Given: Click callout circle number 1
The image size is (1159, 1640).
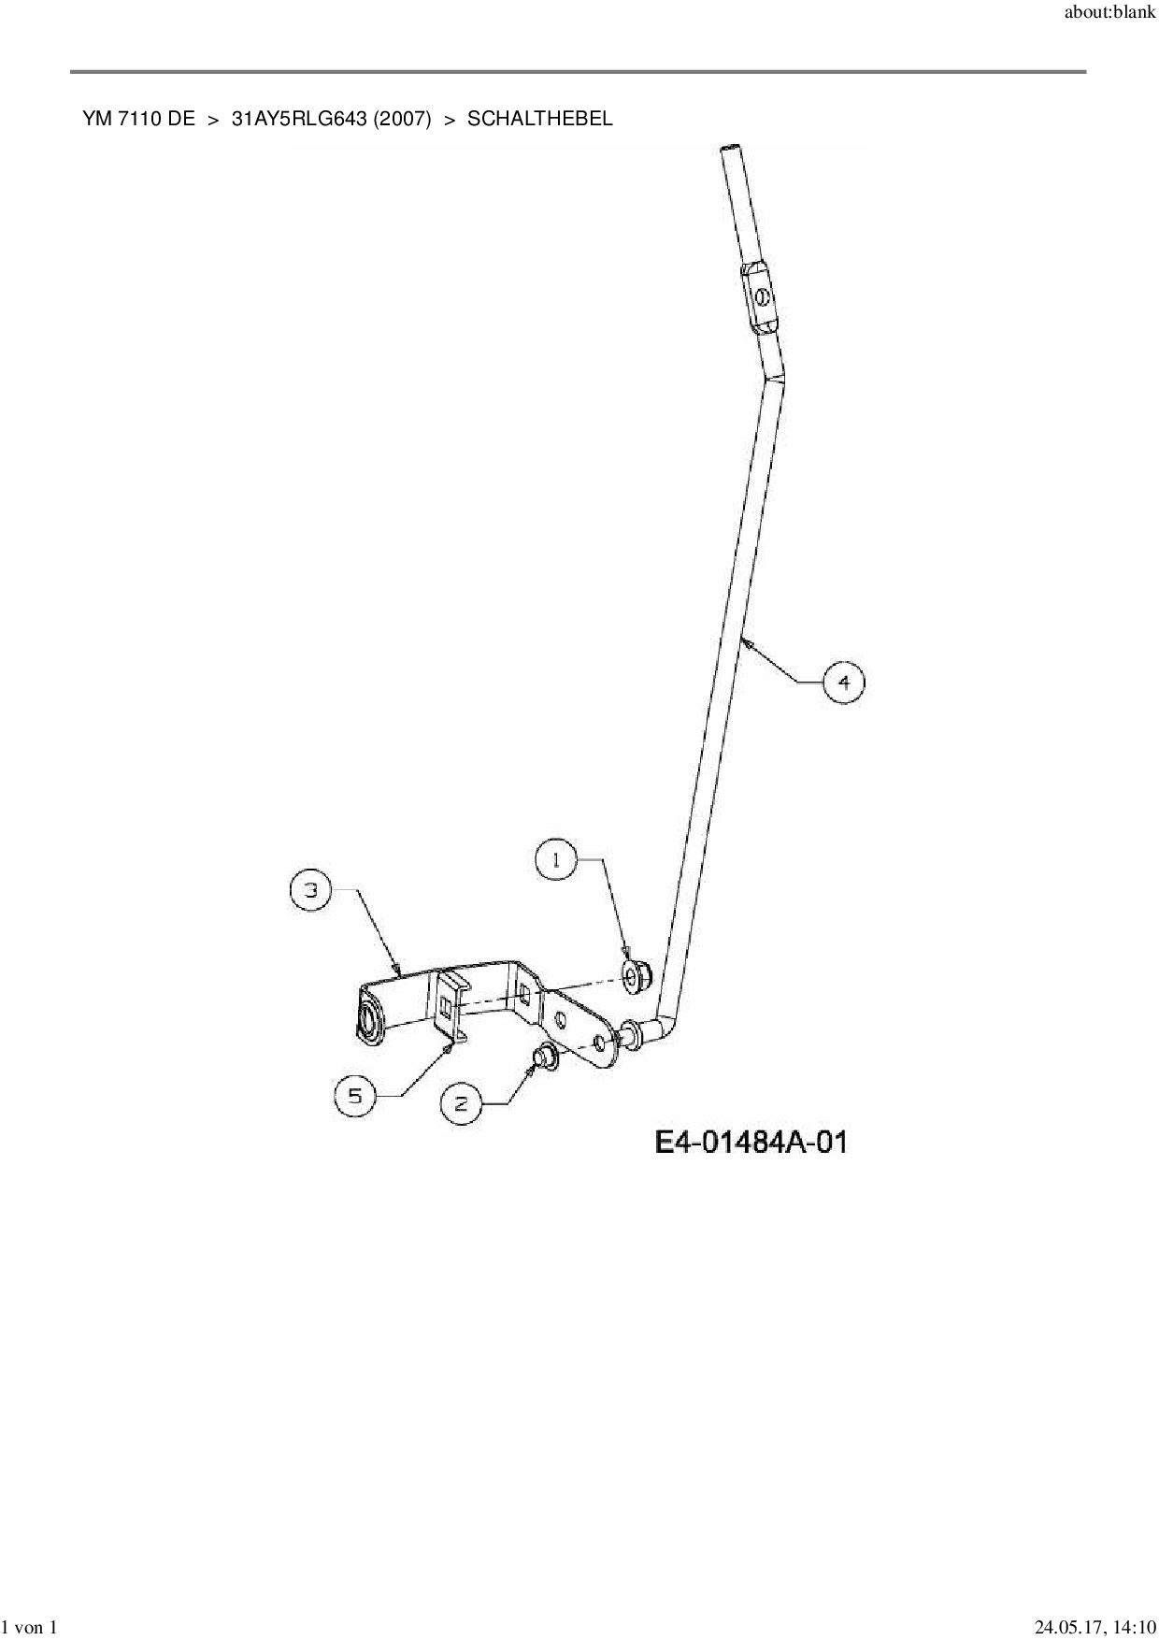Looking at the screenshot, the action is point(556,859).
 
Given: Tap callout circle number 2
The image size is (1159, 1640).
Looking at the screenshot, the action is point(461,1104).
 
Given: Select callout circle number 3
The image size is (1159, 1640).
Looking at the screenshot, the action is point(311,890).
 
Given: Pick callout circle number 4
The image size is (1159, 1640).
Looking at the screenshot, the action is point(844,683).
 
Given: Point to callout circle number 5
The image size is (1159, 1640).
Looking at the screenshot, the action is point(355,1095).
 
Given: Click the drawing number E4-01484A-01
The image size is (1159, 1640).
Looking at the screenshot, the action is point(751,1142).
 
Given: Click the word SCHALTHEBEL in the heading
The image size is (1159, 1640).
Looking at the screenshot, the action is point(540,119).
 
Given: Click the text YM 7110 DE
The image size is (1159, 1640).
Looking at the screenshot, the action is point(138,119).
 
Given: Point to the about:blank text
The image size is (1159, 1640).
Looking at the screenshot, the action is point(1110,16).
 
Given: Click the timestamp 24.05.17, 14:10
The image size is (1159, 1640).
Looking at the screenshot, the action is point(1095,1628).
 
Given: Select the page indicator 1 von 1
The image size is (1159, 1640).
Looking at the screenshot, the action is point(30,1628).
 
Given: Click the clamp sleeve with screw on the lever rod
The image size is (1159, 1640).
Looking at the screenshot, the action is point(762,295).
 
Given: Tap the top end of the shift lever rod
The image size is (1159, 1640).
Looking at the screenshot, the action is point(730,150).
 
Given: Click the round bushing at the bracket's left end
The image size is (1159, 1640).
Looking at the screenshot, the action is point(368,1021).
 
